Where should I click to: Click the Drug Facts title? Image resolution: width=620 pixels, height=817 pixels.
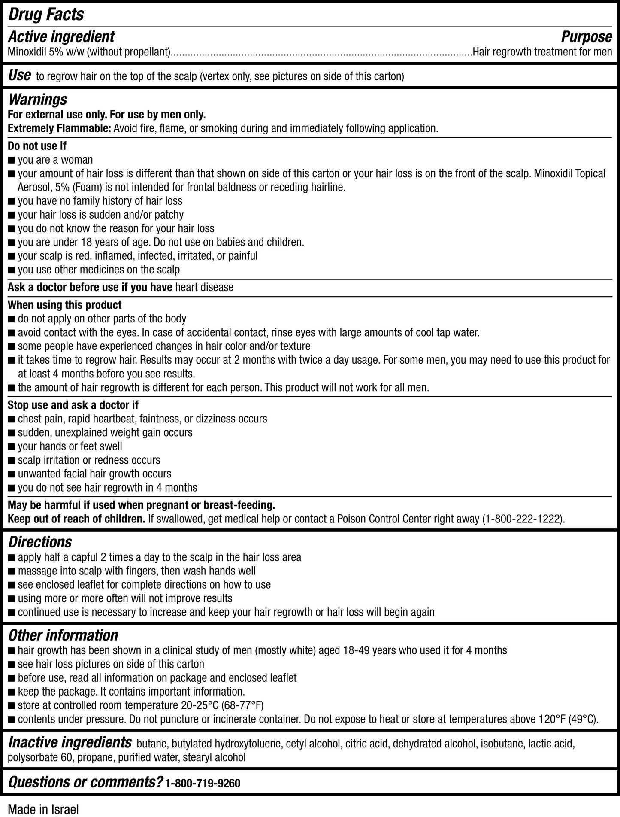coord(46,15)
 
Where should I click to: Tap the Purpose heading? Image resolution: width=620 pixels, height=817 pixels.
coord(586,37)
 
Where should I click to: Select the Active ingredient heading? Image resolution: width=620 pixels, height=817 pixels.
coord(61,37)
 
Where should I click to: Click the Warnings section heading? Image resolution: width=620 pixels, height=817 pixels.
coord(38,100)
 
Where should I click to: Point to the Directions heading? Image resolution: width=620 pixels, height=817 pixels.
coord(40,542)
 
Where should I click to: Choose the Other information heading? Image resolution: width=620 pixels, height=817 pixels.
coord(63,635)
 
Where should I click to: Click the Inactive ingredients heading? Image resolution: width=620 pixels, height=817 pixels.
coord(70,742)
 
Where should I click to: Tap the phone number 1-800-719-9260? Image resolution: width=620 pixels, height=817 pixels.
coord(203,784)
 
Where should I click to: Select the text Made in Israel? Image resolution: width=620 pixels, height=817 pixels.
coord(43,809)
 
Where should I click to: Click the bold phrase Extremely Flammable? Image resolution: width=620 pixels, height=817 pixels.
coord(60,128)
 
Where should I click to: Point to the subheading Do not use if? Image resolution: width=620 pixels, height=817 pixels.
coord(37,146)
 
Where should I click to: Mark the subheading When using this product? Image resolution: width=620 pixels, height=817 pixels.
coord(65,305)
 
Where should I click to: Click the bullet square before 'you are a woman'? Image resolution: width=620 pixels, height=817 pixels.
coord(12,161)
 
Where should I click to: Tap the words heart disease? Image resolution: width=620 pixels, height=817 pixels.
coord(204,287)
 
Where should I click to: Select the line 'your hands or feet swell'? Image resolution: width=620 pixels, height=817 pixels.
coord(70,446)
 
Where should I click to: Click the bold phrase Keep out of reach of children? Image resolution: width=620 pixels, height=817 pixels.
coord(76,519)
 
